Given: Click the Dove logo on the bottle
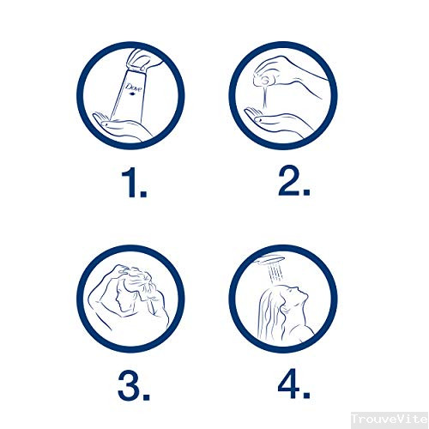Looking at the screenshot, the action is pyautogui.click(x=134, y=88).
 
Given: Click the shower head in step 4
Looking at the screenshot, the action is pyautogui.click(x=269, y=260).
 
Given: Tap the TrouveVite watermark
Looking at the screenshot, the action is pyautogui.click(x=390, y=420).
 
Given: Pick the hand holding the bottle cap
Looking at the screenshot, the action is pyautogui.click(x=143, y=61).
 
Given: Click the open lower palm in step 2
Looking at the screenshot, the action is pyautogui.click(x=275, y=120).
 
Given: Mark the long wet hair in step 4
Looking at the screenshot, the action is pyautogui.click(x=270, y=311).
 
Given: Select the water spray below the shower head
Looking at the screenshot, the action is pyautogui.click(x=275, y=272).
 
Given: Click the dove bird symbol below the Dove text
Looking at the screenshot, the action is pyautogui.click(x=132, y=94).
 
